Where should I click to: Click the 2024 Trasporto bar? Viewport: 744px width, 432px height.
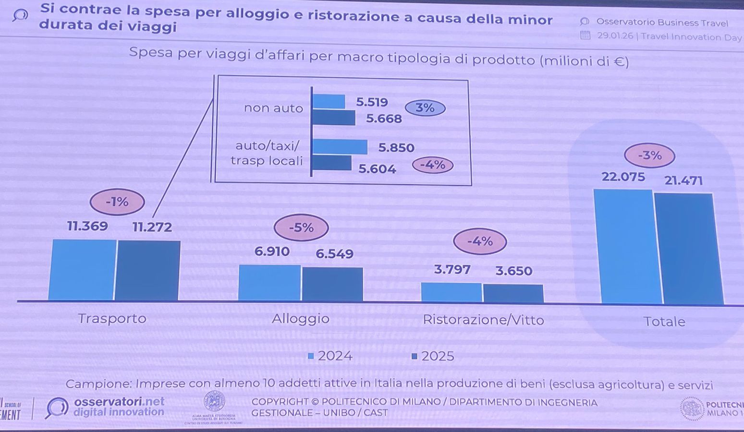click(83, 270)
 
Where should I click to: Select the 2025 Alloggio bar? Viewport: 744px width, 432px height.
click(332, 284)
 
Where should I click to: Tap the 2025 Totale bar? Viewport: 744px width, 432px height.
click(688, 248)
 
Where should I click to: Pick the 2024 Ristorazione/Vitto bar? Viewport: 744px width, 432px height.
click(451, 292)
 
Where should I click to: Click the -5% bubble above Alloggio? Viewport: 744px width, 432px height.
click(301, 228)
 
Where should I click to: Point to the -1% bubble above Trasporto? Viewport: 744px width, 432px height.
click(117, 202)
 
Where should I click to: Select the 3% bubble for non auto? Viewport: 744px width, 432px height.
click(425, 108)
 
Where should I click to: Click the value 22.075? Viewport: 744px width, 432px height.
click(623, 177)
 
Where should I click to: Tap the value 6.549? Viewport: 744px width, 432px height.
click(334, 254)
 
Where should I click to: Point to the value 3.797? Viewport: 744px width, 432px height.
click(452, 270)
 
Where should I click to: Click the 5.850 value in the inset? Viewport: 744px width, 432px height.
click(396, 148)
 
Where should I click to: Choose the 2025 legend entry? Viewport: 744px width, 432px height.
click(433, 356)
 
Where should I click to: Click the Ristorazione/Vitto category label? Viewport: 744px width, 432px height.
click(483, 320)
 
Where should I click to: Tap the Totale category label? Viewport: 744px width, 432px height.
click(664, 322)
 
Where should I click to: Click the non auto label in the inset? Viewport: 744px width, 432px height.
click(273, 108)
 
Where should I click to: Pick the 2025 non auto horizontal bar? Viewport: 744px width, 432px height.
click(334, 118)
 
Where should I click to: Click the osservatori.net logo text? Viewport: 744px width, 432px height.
click(119, 401)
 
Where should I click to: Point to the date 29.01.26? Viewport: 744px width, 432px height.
click(615, 36)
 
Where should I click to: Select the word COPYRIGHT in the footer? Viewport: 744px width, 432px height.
click(280, 402)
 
